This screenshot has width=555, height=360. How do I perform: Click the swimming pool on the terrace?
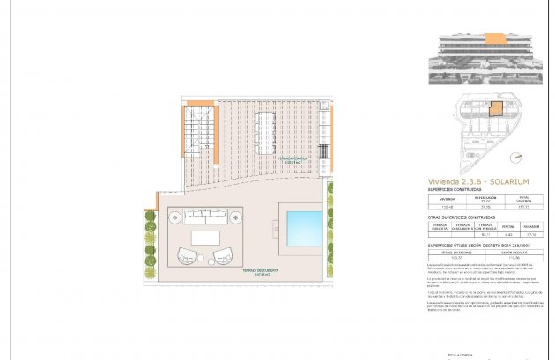[x=300, y=225]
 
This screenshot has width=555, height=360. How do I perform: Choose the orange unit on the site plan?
[x=497, y=110]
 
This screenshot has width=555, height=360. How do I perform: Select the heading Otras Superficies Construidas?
[x=461, y=217]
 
